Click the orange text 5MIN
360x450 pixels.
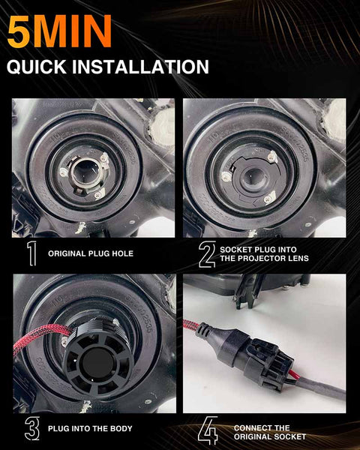(x=59, y=31)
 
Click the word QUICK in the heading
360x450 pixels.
(x=37, y=67)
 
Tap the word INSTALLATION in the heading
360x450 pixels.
(x=140, y=67)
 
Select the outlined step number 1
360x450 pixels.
(x=31, y=253)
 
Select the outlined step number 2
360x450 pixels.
(x=207, y=254)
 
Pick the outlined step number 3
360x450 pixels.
(x=32, y=428)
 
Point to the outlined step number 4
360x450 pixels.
(x=208, y=431)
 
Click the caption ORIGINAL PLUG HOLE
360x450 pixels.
(x=91, y=253)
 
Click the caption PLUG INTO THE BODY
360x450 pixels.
(x=90, y=429)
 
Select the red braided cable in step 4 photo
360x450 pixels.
(x=191, y=325)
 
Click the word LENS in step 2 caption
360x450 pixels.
(x=296, y=258)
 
